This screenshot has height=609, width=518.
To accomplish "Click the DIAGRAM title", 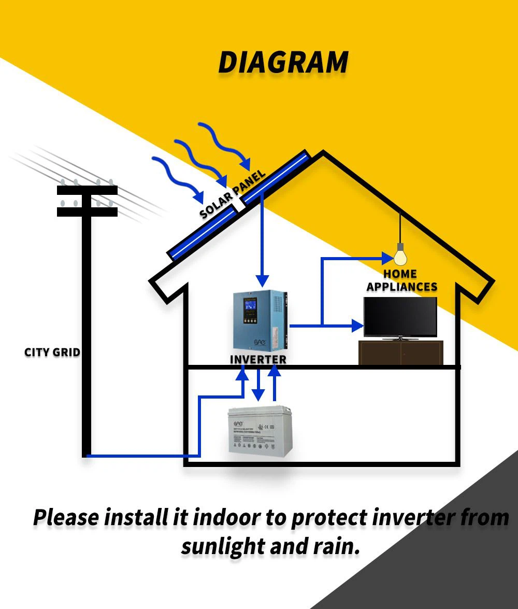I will coord(283,62).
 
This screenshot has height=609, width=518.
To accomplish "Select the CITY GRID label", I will coord(52,352).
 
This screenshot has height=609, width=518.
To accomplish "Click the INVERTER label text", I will coord(258,359).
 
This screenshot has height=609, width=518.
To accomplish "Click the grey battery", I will coord(260,431).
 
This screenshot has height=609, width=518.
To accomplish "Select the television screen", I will coord(400,317).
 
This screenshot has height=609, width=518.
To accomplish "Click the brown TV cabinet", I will coord(400,352).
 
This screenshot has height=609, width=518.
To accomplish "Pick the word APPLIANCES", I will coord(402,287).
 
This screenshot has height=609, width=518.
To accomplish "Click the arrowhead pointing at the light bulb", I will coord(388,257).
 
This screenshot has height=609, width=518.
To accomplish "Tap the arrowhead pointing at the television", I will coord(357,325).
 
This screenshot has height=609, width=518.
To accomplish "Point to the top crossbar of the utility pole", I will coord(87,191).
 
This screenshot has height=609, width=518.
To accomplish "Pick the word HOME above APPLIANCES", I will coord(400,274).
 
